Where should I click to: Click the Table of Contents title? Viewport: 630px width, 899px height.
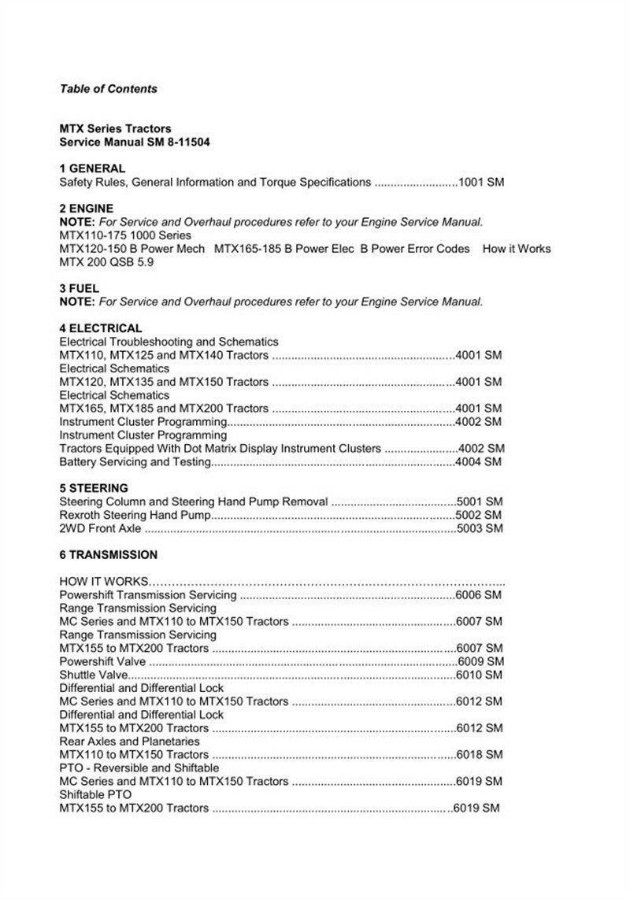pyautogui.click(x=109, y=89)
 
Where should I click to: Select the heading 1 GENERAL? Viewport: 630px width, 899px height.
pyautogui.click(x=92, y=168)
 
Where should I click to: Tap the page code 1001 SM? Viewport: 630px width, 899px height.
pyautogui.click(x=481, y=182)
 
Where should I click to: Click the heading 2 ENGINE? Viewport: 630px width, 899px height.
pyautogui.click(x=87, y=209)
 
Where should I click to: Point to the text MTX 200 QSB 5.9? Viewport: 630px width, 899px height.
pyautogui.click(x=106, y=262)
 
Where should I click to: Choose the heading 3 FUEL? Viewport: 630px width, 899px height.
pyautogui.click(x=80, y=289)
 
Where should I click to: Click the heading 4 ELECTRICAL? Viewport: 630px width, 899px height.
pyautogui.click(x=101, y=328)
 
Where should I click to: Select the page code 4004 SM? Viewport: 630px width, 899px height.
pyautogui.click(x=479, y=462)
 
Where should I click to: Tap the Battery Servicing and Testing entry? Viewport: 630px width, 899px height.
pyautogui.click(x=135, y=462)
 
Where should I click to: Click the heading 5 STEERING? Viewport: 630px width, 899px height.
pyautogui.click(x=94, y=488)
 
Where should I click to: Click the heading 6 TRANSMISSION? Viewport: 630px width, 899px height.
pyautogui.click(x=109, y=555)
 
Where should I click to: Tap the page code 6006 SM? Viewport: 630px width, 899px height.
pyautogui.click(x=479, y=595)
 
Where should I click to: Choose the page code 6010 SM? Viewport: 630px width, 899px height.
pyautogui.click(x=479, y=675)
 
